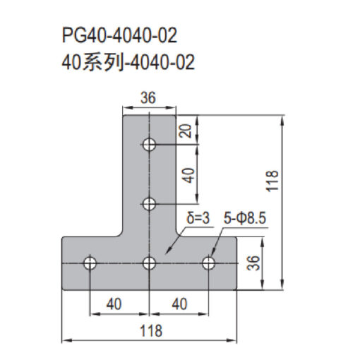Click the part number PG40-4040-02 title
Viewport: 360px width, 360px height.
(119, 36)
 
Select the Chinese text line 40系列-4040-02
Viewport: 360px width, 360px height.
(128, 62)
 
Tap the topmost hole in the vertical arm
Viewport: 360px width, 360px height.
(149, 144)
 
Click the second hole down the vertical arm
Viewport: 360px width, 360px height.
(149, 204)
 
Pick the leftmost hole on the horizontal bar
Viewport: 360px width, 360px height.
(90, 263)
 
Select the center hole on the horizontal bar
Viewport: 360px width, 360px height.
(149, 263)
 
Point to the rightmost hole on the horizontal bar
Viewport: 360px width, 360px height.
(208, 263)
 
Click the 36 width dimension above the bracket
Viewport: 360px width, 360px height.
(148, 97)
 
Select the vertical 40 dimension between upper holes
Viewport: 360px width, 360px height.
(189, 175)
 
